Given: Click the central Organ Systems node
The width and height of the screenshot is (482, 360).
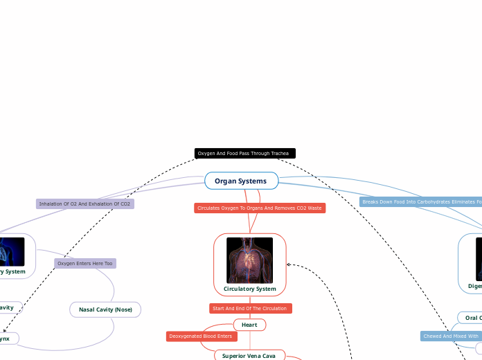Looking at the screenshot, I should point(241,181).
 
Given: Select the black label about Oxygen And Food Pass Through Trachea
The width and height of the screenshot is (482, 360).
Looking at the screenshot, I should point(244,153).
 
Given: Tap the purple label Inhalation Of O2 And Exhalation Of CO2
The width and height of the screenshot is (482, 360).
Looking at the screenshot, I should point(85,204).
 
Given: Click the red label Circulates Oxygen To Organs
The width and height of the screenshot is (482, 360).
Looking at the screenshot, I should point(260,208).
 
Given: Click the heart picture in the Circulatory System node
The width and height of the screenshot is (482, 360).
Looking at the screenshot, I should point(249,260).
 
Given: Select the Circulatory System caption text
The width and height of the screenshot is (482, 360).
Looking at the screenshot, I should point(249,289).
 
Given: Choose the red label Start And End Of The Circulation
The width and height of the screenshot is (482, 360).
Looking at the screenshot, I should point(250,308).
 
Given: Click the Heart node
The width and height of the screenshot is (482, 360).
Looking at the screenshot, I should point(249,325).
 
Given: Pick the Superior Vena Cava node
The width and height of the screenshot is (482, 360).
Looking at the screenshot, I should point(249,356).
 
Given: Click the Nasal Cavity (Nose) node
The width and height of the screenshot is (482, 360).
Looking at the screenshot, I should point(105,309).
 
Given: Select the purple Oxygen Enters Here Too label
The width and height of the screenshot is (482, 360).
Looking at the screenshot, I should point(85,263).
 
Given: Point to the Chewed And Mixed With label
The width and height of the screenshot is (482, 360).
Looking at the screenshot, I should point(450,336).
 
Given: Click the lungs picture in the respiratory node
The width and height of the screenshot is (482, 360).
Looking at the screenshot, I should point(12,252).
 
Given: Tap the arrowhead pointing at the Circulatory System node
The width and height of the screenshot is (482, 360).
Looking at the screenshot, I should point(289,264).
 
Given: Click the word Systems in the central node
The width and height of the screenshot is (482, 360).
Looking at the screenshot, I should point(253,181).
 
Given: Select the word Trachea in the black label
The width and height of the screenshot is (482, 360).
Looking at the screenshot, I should point(280,153).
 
